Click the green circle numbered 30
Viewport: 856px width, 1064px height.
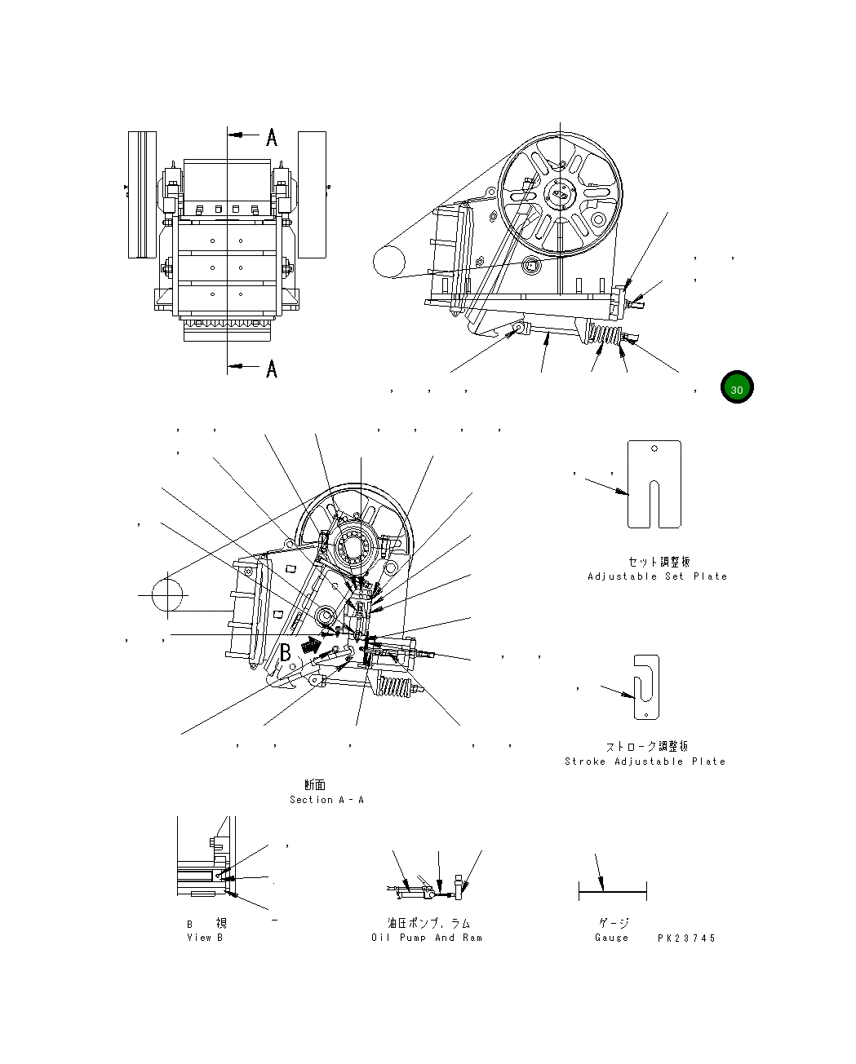pyautogui.click(x=736, y=389)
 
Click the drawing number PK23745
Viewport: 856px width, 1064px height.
pyautogui.click(x=686, y=938)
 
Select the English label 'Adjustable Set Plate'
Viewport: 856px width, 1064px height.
pyautogui.click(x=657, y=576)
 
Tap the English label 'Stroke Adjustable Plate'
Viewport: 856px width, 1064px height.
pyautogui.click(x=645, y=762)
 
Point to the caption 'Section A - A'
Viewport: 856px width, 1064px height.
pyautogui.click(x=326, y=800)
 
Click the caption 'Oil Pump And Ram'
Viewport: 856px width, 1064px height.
pyautogui.click(x=427, y=938)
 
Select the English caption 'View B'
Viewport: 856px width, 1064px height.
pyautogui.click(x=205, y=938)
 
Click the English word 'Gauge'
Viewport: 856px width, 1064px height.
pyautogui.click(x=612, y=938)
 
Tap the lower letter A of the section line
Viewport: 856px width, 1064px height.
pyautogui.click(x=272, y=369)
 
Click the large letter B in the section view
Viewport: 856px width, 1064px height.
pyautogui.click(x=286, y=651)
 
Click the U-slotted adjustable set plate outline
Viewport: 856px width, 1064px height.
pyautogui.click(x=654, y=484)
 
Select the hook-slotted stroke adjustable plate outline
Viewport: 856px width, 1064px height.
pyautogui.click(x=646, y=687)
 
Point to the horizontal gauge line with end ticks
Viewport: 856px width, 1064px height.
pyautogui.click(x=612, y=891)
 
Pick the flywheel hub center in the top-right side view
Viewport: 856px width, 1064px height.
pyautogui.click(x=560, y=193)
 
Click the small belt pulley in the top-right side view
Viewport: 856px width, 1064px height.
pyautogui.click(x=389, y=263)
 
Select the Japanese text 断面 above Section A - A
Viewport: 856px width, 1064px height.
pyautogui.click(x=315, y=785)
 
